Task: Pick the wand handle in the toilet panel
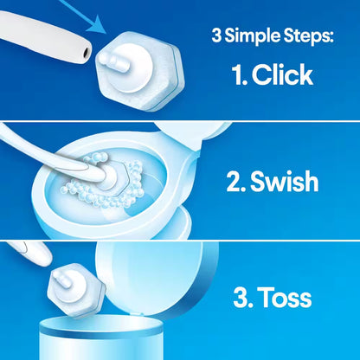tap(35, 143)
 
